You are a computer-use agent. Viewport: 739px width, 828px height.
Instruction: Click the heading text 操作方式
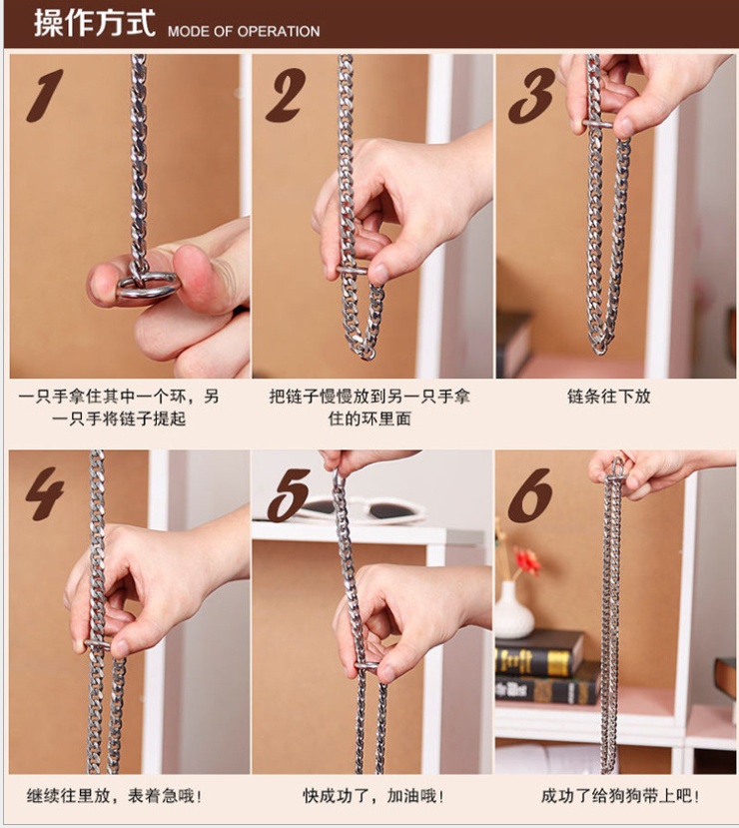(x=95, y=23)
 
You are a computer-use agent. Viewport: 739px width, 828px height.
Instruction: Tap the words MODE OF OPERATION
(x=244, y=31)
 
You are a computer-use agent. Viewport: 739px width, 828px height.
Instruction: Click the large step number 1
(x=45, y=96)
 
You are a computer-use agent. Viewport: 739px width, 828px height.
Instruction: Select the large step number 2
(x=286, y=95)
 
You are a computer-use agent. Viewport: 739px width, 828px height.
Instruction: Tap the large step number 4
(x=45, y=492)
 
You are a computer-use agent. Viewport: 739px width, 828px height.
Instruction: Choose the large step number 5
(x=289, y=494)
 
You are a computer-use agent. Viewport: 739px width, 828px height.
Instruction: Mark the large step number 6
(x=530, y=494)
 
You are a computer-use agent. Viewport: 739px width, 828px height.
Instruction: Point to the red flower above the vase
(x=527, y=560)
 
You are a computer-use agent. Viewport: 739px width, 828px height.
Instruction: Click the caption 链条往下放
(x=608, y=397)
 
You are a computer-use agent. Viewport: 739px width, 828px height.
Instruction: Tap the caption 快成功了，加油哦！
(x=373, y=796)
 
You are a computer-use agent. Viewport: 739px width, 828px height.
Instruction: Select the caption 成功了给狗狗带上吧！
(x=621, y=796)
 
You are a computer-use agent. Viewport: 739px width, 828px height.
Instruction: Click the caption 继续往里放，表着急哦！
(x=114, y=796)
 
